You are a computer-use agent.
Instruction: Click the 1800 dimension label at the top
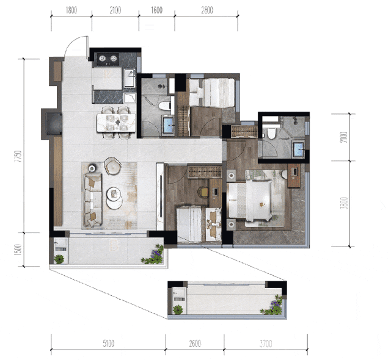click(x=71, y=10)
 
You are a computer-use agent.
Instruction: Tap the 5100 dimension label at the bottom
click(x=109, y=344)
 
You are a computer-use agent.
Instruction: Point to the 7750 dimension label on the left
click(x=18, y=156)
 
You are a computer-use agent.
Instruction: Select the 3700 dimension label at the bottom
click(x=266, y=344)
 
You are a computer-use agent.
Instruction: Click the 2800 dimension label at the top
click(x=207, y=10)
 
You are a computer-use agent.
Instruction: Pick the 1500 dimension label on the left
click(x=18, y=250)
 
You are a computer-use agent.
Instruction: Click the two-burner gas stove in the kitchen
click(x=108, y=59)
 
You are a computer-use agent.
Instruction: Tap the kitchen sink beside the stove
click(x=130, y=78)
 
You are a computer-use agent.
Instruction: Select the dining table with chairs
click(x=116, y=123)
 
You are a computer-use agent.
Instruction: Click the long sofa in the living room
click(x=93, y=200)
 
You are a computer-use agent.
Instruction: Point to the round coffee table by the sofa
click(x=114, y=198)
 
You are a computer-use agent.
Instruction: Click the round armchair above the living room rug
click(x=112, y=165)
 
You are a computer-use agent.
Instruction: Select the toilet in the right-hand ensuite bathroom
click(x=271, y=133)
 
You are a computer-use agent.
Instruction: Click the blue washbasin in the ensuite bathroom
click(x=298, y=149)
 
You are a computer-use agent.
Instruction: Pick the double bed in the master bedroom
click(x=250, y=201)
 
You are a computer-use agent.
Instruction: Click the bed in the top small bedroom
click(x=212, y=93)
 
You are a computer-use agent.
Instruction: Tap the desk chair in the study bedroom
click(x=203, y=192)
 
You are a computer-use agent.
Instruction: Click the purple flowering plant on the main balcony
click(x=153, y=254)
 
